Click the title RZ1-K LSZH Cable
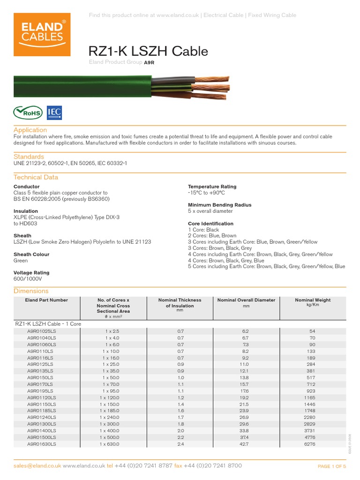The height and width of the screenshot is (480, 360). (148, 51)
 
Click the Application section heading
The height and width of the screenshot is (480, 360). (30, 130)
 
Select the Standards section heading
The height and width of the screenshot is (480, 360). (29, 157)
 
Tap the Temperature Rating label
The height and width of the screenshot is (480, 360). (212, 187)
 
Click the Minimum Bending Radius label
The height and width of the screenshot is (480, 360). (219, 205)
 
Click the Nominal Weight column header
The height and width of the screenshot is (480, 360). (312, 300)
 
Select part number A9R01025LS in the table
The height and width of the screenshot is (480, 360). (42, 331)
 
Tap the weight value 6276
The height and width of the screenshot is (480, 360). (312, 444)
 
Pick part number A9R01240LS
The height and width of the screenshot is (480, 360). (42, 417)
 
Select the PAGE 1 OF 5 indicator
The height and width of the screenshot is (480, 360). (332, 466)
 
